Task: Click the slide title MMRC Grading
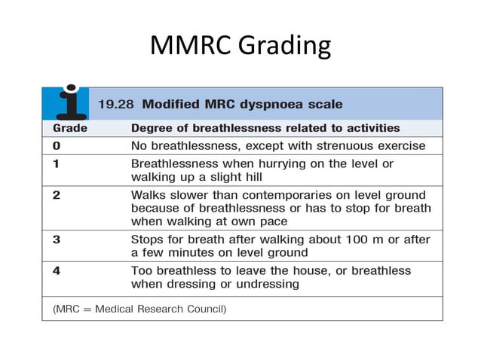240,45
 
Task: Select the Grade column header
70,128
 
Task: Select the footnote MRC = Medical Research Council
139,309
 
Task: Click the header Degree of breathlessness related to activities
265,128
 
